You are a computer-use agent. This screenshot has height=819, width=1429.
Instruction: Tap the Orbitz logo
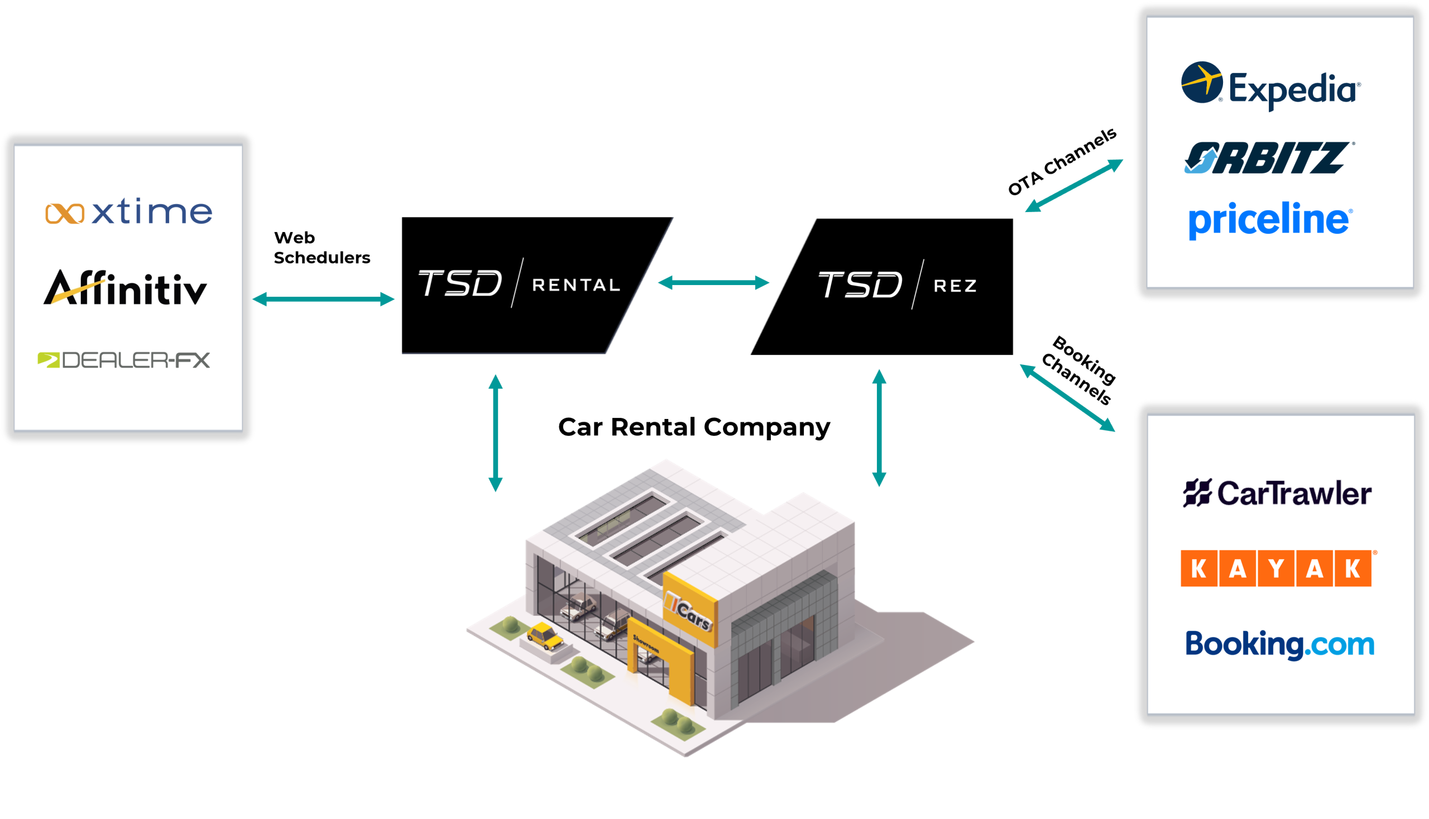click(x=1269, y=158)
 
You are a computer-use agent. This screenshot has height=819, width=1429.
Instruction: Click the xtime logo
click(x=129, y=212)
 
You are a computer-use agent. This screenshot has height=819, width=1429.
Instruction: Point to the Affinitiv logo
click(x=126, y=288)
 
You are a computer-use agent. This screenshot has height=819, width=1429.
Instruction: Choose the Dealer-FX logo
click(x=124, y=360)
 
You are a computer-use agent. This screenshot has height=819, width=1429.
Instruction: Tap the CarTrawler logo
click(x=1277, y=493)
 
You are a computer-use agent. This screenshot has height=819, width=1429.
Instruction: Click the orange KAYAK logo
click(x=1277, y=568)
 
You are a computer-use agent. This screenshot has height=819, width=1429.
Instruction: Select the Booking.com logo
click(x=1280, y=644)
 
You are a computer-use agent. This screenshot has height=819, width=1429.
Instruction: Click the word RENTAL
click(x=576, y=285)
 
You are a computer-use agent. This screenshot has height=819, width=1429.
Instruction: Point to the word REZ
click(x=955, y=286)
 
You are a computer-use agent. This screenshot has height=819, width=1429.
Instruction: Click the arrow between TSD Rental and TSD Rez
click(x=713, y=282)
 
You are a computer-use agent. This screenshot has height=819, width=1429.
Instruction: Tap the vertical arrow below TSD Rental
click(x=495, y=433)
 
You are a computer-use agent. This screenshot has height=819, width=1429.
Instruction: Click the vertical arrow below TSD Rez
click(x=879, y=428)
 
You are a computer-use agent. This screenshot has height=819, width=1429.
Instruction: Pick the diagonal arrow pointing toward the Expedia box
click(x=1074, y=186)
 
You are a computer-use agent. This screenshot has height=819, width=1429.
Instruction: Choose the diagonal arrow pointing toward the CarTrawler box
click(x=1067, y=398)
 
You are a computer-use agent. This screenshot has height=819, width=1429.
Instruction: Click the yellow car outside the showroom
click(x=544, y=635)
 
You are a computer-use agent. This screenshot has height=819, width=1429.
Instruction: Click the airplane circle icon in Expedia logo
click(x=1202, y=82)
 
